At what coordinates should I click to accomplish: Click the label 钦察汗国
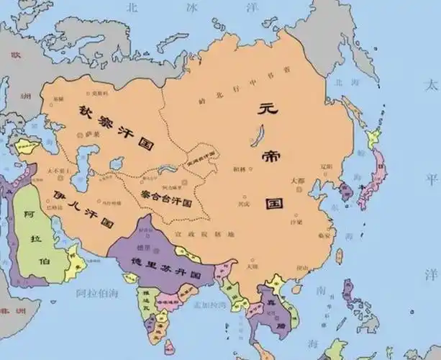(x=113, y=127)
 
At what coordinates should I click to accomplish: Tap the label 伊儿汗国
(x=83, y=207)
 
